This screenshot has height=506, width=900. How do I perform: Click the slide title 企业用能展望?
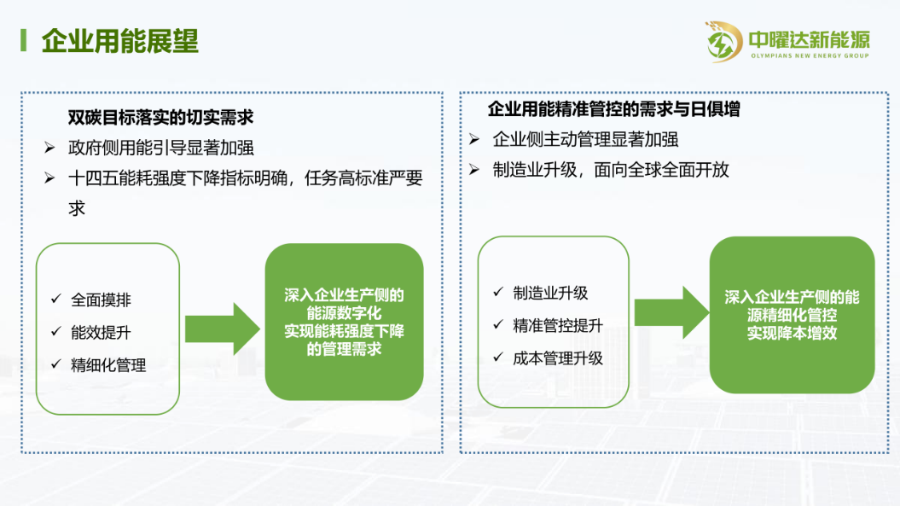120,41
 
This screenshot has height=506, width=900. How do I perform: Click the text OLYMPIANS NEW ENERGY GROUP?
810,55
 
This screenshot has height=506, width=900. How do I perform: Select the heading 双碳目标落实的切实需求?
160,117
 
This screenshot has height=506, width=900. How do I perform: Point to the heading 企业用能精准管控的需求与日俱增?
613,109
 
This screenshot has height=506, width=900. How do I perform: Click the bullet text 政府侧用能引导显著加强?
160,148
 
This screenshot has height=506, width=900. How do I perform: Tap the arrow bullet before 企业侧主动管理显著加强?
474,139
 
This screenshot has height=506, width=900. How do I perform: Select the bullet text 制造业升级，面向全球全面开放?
611,170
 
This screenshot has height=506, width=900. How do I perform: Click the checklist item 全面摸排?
101,300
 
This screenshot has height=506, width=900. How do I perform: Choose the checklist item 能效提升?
101,333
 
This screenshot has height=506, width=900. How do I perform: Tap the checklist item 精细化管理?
108,365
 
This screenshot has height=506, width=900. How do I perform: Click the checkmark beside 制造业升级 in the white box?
498,292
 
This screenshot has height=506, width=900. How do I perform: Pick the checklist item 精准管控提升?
558,326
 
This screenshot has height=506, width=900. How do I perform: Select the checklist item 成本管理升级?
558,358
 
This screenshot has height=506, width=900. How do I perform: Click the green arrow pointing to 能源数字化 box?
223,329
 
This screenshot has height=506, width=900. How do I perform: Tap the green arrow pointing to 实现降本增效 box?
671,312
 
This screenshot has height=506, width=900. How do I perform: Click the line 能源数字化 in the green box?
344,313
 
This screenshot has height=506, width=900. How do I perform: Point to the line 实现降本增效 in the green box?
793,333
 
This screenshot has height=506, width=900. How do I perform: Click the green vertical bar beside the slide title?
24,41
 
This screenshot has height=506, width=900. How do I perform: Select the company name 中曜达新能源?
810,39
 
